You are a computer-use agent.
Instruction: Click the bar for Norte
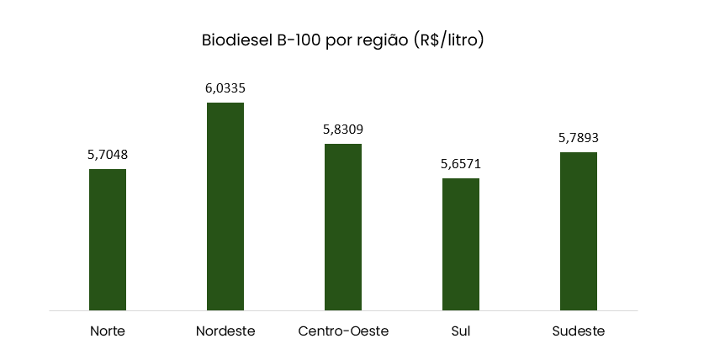[108, 240]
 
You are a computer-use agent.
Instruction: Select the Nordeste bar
[225, 206]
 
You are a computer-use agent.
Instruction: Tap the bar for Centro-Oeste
[343, 227]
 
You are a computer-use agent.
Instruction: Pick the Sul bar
[461, 244]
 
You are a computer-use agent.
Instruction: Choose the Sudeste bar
[579, 231]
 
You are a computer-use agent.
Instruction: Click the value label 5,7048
[108, 155]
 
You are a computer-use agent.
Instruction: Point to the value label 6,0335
[225, 87]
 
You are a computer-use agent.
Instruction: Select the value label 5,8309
[343, 130]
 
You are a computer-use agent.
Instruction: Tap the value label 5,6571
[461, 164]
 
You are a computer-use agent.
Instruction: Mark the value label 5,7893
[579, 138]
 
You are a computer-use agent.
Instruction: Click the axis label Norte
[108, 331]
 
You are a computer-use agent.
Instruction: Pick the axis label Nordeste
[225, 331]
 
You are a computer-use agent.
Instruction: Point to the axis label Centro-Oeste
[343, 331]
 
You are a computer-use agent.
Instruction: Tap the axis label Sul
[461, 331]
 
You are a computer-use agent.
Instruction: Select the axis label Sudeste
[579, 331]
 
